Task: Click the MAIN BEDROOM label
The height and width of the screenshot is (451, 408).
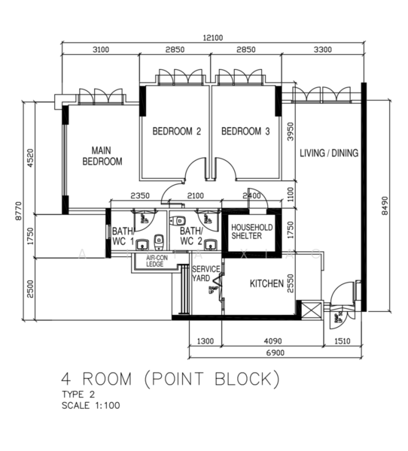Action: tap(102, 156)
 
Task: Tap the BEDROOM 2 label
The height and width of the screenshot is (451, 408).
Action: tap(177, 132)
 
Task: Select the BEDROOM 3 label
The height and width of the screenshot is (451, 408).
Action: tap(245, 132)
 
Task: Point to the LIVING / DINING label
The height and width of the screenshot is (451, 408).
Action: tap(329, 153)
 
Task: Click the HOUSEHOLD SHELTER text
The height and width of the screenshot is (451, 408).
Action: tap(251, 232)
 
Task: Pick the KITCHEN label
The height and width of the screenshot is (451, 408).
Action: tap(266, 284)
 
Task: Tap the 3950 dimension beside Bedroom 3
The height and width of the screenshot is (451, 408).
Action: tap(288, 133)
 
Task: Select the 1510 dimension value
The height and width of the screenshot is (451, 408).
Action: tap(343, 341)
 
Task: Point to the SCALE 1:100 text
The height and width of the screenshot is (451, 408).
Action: tap(91, 405)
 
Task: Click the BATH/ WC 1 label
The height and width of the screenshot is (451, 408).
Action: tap(123, 236)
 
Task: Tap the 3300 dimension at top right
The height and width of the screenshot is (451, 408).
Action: tap(322, 50)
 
